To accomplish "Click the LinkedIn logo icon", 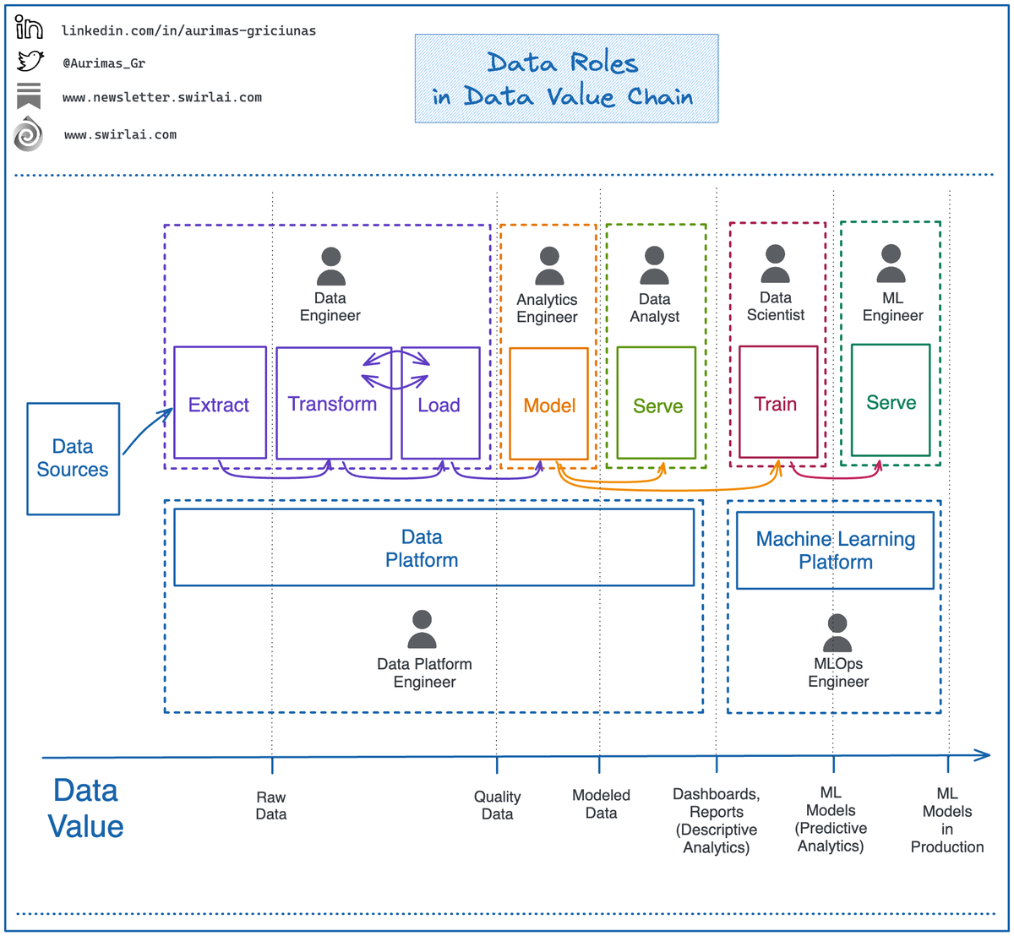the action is [29, 27].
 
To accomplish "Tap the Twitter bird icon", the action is [30, 61].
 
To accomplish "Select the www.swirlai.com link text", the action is [121, 135].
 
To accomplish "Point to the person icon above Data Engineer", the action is [331, 266].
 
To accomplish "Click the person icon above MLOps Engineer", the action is [837, 633].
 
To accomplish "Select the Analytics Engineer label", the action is [547, 307].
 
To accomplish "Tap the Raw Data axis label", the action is [271, 805].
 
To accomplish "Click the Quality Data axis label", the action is [498, 805].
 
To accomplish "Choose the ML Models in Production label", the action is [947, 819].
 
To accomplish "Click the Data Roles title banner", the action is [566, 78].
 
